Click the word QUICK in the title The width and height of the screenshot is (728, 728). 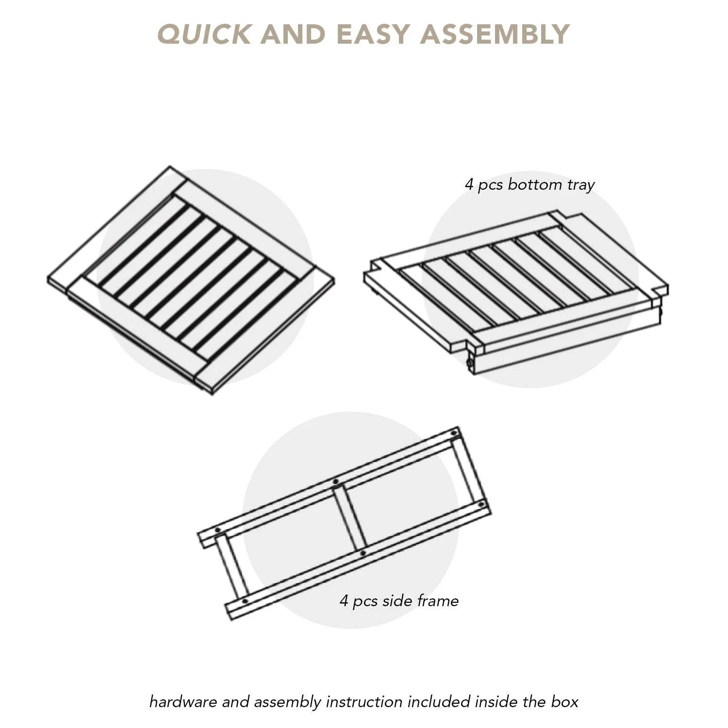point(204,34)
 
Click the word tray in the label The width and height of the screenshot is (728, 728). point(580,185)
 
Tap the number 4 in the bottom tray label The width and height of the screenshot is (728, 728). point(469,184)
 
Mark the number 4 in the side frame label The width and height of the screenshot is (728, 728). point(344,601)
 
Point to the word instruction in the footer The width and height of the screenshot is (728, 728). point(364,702)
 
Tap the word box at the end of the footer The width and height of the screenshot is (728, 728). point(564,702)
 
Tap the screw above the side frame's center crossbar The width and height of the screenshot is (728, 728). point(335,481)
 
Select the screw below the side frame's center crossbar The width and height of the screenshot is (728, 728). point(363,553)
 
